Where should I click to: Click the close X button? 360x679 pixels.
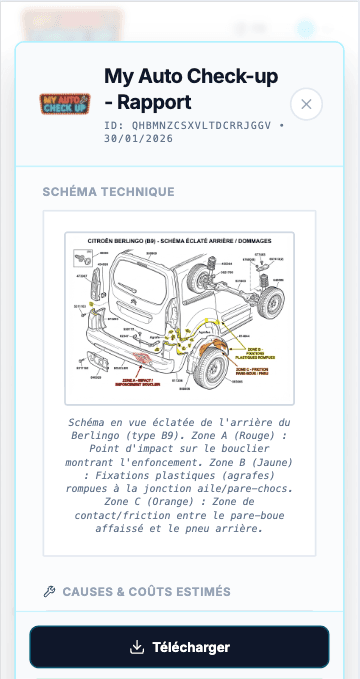click(x=306, y=104)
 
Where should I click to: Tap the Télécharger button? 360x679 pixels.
click(x=179, y=647)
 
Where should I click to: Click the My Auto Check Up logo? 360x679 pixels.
click(x=65, y=102)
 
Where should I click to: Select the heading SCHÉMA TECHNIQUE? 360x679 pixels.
click(x=108, y=192)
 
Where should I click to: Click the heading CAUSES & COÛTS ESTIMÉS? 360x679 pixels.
click(x=146, y=592)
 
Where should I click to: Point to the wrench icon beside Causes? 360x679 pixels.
click(x=50, y=592)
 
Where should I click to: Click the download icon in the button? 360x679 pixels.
click(x=138, y=647)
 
